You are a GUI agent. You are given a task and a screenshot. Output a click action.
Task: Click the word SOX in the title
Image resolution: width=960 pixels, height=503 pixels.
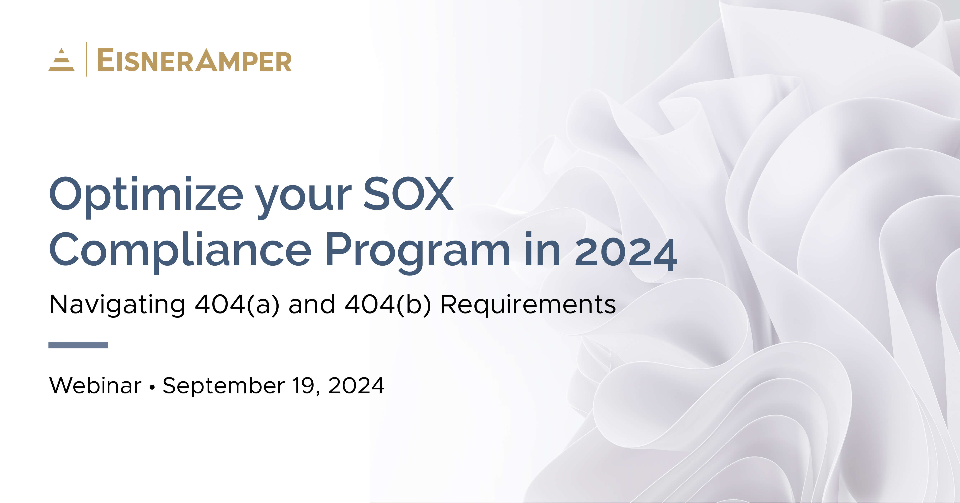(x=408, y=194)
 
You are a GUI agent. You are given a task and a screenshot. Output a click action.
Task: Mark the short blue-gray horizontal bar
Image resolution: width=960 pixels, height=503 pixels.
(x=78, y=345)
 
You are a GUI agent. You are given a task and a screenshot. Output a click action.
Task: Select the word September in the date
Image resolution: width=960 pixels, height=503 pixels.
(x=224, y=385)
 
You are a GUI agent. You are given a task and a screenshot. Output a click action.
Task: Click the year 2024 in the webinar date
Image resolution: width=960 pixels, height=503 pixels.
(x=356, y=385)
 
